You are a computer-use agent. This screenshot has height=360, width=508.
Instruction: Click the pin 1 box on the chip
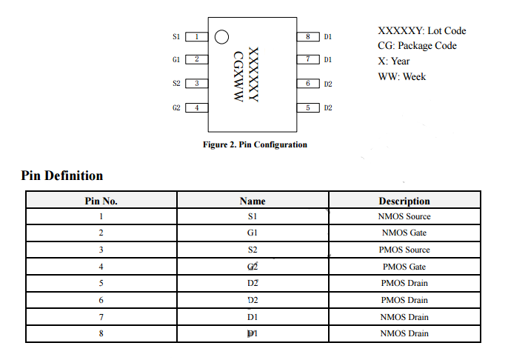[196, 36]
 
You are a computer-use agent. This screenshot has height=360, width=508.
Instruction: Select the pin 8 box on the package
[307, 36]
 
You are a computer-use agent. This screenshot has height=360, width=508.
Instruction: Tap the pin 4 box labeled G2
[196, 107]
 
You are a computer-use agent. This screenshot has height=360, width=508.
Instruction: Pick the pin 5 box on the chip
[307, 107]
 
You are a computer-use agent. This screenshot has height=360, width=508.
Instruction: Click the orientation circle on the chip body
[221, 37]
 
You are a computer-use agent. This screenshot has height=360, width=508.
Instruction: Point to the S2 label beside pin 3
[176, 84]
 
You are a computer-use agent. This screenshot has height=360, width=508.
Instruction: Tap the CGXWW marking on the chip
[238, 76]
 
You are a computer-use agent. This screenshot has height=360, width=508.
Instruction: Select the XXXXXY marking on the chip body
[253, 75]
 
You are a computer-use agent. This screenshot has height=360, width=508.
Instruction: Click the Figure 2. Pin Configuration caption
[255, 144]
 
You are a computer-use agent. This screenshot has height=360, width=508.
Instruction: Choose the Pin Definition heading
[62, 176]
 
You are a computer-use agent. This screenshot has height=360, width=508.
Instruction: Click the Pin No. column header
[101, 201]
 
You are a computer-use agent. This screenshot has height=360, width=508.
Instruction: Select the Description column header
[404, 201]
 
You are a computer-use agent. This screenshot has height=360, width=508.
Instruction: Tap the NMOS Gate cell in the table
[404, 233]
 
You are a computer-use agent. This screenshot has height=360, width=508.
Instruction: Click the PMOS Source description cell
[404, 250]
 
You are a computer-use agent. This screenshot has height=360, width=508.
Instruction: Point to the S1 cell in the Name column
[253, 217]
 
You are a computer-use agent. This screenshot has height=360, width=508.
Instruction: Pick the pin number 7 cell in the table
[101, 317]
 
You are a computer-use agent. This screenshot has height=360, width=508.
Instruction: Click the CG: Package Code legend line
[417, 46]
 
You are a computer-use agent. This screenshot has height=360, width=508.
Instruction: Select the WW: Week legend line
[401, 77]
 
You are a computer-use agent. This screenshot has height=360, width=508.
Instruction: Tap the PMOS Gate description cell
[404, 267]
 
